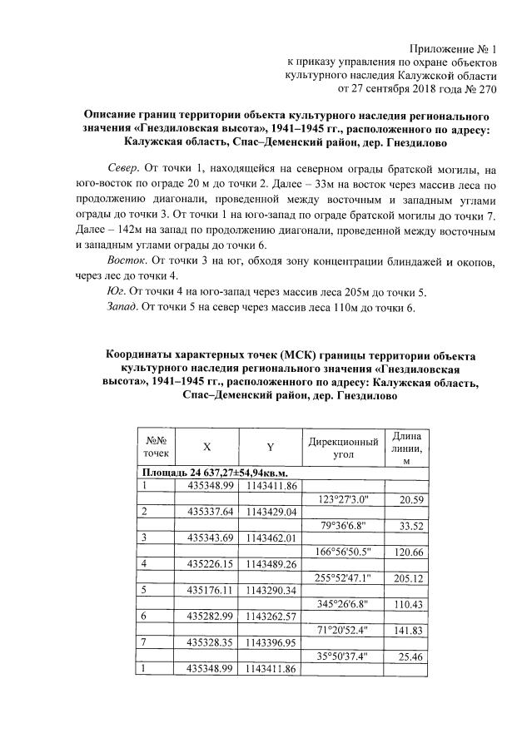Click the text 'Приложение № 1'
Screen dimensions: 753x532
[455, 49]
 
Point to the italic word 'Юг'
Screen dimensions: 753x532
[114, 292]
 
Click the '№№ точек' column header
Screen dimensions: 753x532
[155, 446]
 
